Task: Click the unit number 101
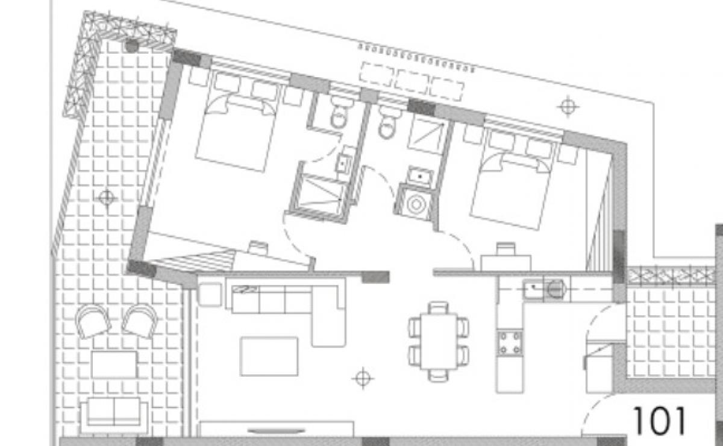(659, 421)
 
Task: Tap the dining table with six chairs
(439, 341)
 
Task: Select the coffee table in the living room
(269, 357)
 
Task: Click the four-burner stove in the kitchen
(510, 343)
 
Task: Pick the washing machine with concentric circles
(416, 204)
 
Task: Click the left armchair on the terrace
(93, 321)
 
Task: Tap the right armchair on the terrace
(141, 321)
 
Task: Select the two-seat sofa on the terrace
(114, 416)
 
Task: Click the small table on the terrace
(114, 365)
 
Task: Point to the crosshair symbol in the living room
(363, 378)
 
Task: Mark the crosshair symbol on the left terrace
(107, 198)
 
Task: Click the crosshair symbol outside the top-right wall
(568, 107)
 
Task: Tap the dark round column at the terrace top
(132, 46)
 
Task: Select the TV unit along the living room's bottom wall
(277, 429)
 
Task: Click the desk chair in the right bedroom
(506, 249)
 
